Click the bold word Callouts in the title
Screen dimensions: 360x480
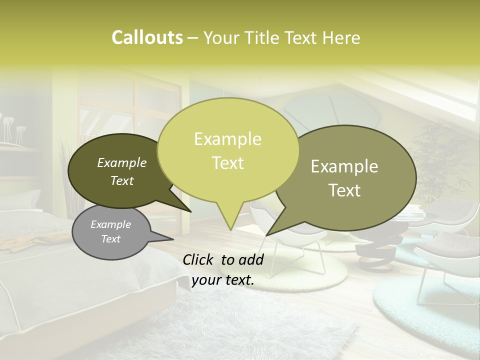[147, 37]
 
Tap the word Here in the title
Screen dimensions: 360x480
[341, 37]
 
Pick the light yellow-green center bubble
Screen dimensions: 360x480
[227, 150]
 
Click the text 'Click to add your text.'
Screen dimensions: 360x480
[223, 270]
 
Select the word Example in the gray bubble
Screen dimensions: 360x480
[111, 224]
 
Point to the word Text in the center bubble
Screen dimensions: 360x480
[228, 162]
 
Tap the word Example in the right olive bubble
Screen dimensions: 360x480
[344, 166]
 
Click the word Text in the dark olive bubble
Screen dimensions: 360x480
[122, 180]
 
